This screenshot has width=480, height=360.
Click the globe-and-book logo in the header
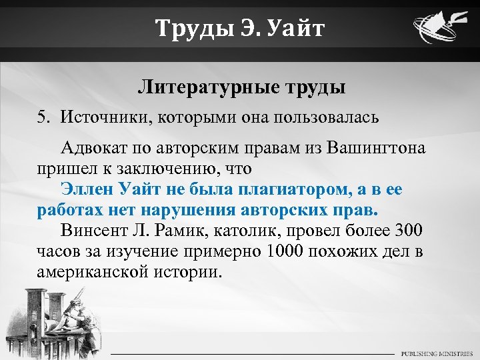pos(438,30)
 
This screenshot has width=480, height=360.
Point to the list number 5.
pos(43,118)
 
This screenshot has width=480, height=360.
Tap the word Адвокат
pos(95,147)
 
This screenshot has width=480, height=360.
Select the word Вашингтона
pos(377,147)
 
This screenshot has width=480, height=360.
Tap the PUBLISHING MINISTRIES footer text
pos(436,353)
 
